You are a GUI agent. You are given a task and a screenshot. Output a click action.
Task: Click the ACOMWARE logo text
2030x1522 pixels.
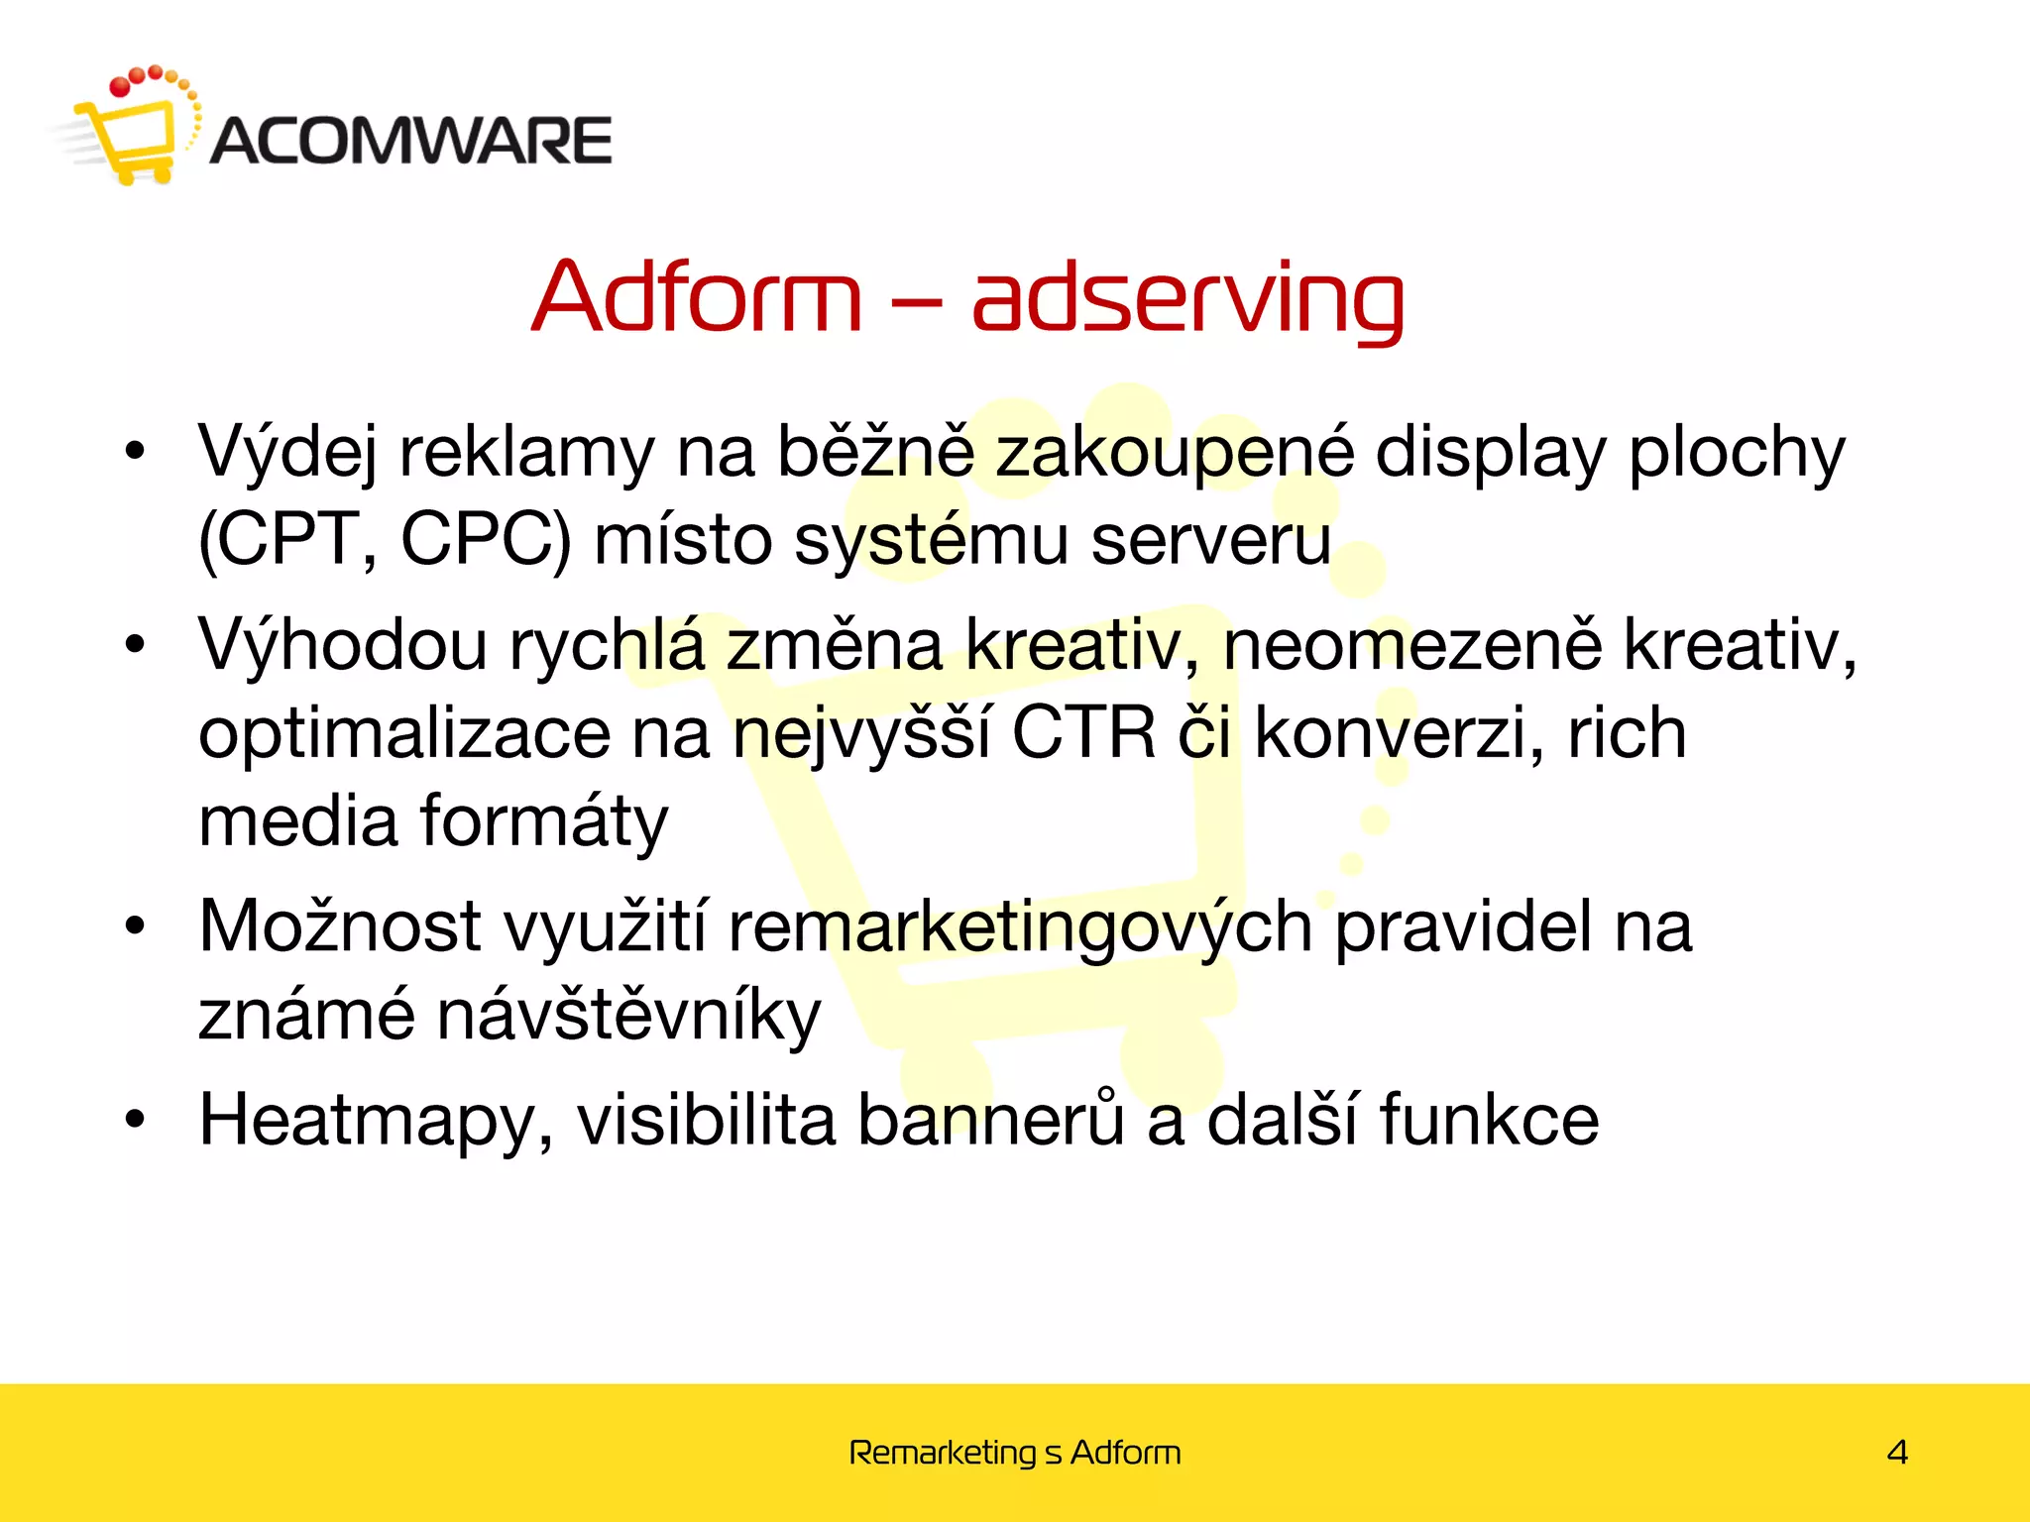[411, 140]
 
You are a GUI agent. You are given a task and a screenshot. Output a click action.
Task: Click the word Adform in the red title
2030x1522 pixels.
[697, 297]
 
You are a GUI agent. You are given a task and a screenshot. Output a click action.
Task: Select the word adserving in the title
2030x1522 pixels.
[1187, 300]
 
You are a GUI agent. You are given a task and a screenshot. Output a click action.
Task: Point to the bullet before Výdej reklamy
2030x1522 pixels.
[135, 453]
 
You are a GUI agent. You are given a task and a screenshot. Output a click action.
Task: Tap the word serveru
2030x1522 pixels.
[1210, 540]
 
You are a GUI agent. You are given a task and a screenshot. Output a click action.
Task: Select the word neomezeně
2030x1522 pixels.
[1411, 644]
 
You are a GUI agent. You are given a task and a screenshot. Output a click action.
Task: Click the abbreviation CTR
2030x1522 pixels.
[1083, 734]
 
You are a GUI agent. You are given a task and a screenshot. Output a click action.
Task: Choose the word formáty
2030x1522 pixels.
[544, 822]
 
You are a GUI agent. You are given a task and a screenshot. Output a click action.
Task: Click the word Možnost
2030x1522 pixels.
[340, 926]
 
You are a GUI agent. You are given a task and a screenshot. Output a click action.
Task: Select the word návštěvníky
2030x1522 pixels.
[628, 1016]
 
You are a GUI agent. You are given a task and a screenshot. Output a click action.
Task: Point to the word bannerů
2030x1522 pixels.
[990, 1120]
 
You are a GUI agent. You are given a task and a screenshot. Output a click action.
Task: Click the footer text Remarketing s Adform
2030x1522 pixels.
[1015, 1453]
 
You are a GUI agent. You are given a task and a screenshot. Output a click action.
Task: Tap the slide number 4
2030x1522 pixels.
[1897, 1453]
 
